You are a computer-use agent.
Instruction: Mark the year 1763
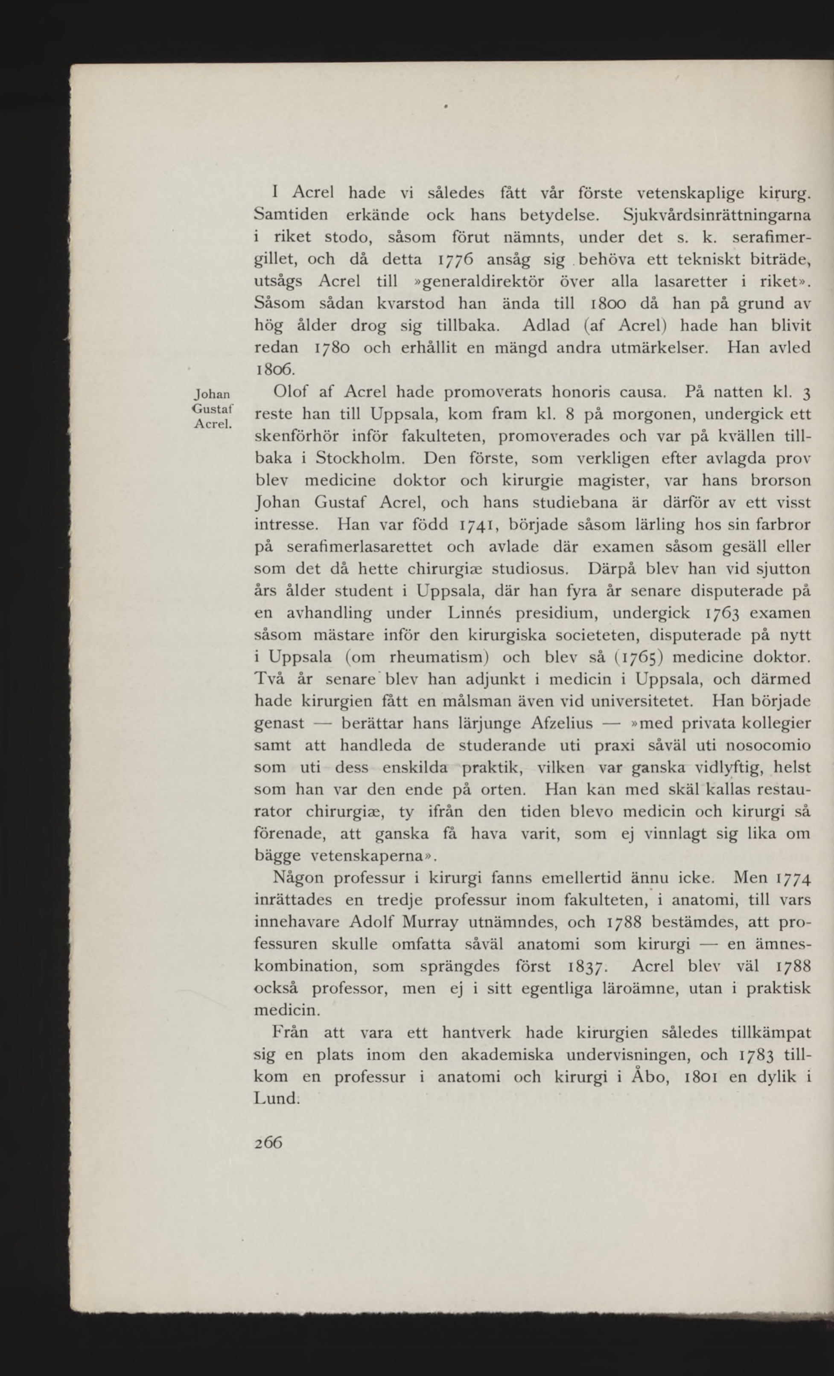tap(720, 613)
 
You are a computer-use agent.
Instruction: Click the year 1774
tap(791, 878)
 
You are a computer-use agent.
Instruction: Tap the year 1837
tap(588, 967)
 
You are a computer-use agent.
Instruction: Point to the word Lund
tap(276, 1099)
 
